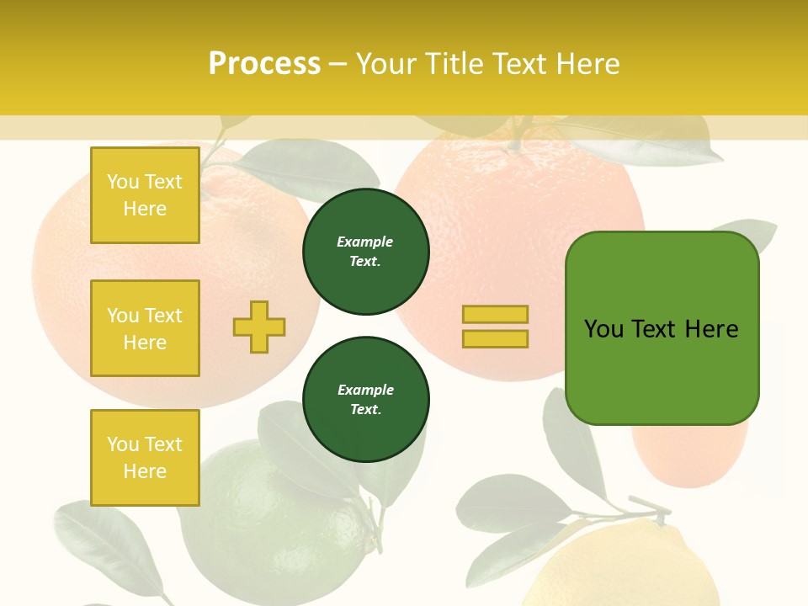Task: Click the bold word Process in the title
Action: [x=264, y=63]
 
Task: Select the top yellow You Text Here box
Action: [x=145, y=195]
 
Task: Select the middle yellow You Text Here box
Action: [x=145, y=328]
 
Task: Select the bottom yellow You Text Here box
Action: [x=145, y=458]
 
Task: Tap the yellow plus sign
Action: [x=259, y=327]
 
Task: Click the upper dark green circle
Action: [x=366, y=252]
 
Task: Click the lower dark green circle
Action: [x=366, y=400]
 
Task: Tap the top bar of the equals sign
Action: [x=495, y=314]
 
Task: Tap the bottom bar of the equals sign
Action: [x=495, y=339]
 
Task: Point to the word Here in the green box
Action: [x=711, y=329]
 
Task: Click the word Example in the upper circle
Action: [x=365, y=242]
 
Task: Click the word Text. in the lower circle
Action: [x=365, y=410]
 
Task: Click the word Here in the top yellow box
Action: [x=145, y=209]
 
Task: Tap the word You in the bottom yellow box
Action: [x=123, y=444]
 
